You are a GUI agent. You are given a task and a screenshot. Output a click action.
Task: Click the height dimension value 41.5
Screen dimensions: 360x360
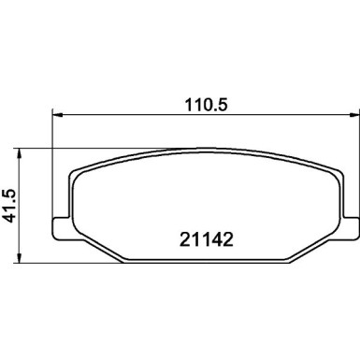10,202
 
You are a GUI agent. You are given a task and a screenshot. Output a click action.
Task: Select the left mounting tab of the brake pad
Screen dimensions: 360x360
59,224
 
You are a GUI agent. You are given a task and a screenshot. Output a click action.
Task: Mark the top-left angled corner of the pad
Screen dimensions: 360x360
78,169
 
